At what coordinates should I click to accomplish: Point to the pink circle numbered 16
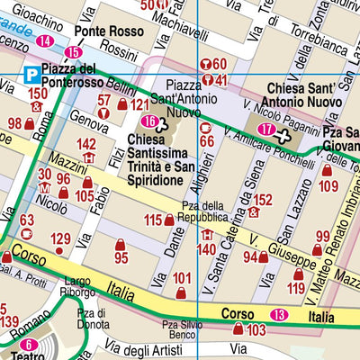point(150,121)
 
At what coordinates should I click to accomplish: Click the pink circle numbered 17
point(266,130)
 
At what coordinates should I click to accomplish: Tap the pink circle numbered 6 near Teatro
point(29,345)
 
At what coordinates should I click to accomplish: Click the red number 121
point(139,105)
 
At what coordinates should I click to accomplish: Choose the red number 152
point(262,199)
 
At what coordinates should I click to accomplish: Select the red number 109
point(328,186)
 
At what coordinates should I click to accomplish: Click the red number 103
point(256,330)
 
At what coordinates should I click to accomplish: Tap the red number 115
point(152,220)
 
